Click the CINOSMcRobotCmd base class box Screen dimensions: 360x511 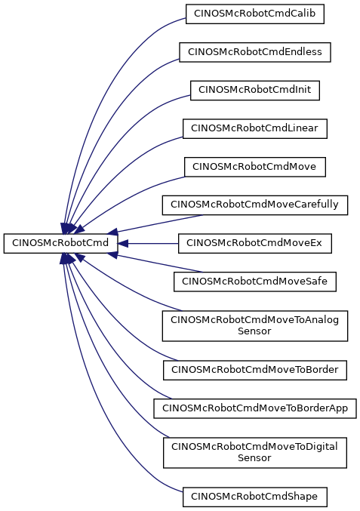point(60,243)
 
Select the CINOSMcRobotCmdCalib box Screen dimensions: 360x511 point(255,14)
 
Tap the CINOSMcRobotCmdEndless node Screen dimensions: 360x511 point(255,52)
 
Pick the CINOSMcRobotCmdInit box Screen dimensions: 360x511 point(255,91)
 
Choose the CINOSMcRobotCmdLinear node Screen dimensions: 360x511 point(255,128)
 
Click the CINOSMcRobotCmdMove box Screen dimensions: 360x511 point(255,167)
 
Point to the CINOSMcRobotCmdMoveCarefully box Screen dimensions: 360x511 point(255,205)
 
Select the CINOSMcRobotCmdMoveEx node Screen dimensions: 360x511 point(255,243)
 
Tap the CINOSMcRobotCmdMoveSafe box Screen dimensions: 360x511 point(255,282)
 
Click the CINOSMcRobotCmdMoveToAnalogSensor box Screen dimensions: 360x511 point(255,326)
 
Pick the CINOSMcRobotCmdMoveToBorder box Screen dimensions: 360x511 point(255,370)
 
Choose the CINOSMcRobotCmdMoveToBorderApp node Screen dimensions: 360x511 point(255,408)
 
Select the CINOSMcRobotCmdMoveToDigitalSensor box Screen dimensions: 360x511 point(255,453)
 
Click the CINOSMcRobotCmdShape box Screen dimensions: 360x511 point(255,497)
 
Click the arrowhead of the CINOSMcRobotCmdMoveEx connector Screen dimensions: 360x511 point(122,244)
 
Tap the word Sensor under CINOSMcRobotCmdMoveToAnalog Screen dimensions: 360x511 point(254,331)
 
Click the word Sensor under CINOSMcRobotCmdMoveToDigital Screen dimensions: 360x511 point(254,458)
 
